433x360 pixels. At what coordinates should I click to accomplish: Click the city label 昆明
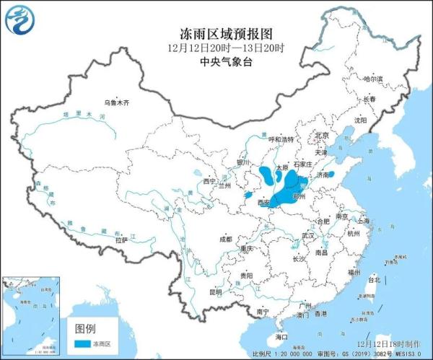[216, 292]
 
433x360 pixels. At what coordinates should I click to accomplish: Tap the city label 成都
[225, 239]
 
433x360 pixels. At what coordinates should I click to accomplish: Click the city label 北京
[322, 135]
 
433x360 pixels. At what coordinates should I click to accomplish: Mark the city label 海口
[281, 337]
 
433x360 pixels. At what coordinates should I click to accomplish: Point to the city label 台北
[373, 278]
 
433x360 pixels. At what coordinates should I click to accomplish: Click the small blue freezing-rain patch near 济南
[331, 174]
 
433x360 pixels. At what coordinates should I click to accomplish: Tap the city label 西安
[264, 204]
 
